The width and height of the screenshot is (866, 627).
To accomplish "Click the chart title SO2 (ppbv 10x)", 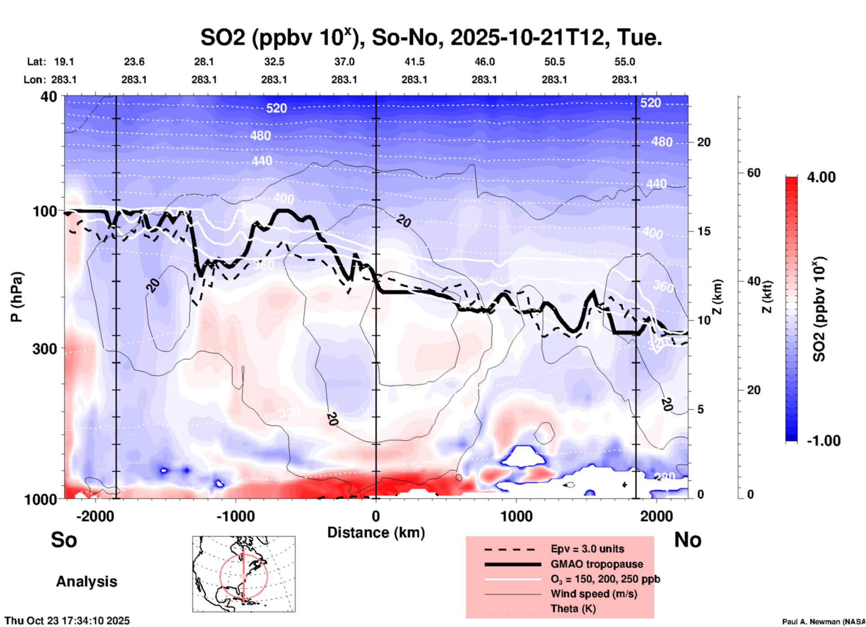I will click(x=431, y=38).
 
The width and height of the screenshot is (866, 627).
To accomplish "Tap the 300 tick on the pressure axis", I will click(x=45, y=349).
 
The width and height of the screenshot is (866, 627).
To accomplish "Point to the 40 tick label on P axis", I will click(x=49, y=97).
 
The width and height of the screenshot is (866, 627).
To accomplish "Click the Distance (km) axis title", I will click(x=376, y=533).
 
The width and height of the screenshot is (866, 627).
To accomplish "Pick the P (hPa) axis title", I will click(x=17, y=297).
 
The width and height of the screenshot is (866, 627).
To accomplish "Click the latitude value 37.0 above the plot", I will click(x=344, y=62).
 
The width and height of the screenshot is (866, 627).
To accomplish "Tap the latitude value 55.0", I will click(x=625, y=62).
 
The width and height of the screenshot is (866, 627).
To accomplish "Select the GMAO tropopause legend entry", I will click(x=597, y=564).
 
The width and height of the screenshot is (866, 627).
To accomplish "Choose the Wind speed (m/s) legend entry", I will click(x=594, y=594).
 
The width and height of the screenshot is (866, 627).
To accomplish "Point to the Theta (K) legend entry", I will click(x=573, y=609).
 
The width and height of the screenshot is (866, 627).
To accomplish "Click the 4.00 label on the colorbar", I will click(x=821, y=177).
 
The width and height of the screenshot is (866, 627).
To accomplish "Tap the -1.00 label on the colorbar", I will click(x=823, y=441).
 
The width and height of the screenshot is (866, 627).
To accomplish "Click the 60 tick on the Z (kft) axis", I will click(x=754, y=173).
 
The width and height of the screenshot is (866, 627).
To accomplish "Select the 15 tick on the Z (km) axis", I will click(x=704, y=231).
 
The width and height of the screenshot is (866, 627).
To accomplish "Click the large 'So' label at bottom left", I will click(x=64, y=540).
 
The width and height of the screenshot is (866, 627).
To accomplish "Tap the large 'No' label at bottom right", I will click(x=687, y=540).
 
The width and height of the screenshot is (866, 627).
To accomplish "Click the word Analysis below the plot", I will click(x=86, y=582).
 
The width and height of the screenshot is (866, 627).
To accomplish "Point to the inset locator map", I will click(x=244, y=574).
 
